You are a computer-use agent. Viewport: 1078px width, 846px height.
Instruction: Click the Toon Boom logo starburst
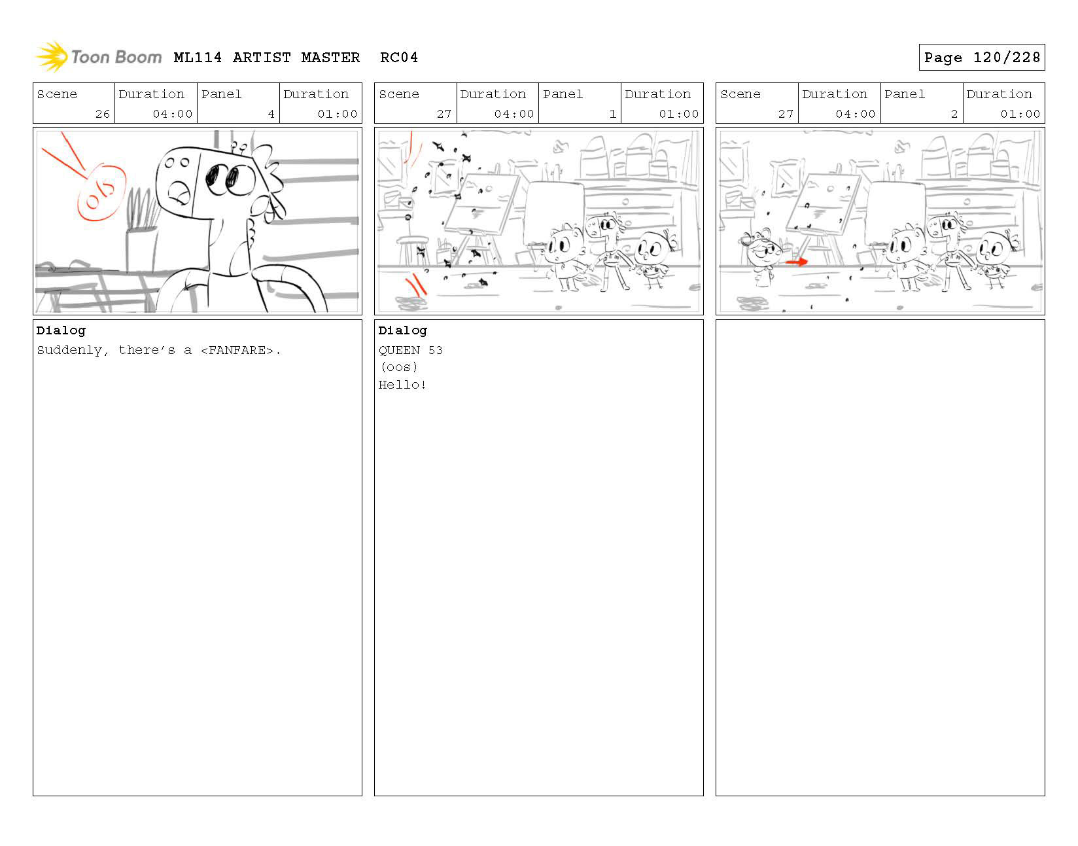click(52, 56)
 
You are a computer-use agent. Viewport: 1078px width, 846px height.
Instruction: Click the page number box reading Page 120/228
click(981, 58)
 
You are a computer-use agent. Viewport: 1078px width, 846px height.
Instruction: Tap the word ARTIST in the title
click(262, 58)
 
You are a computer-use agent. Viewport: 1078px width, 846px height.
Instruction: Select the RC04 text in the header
click(398, 58)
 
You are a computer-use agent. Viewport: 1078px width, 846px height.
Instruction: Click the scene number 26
click(103, 114)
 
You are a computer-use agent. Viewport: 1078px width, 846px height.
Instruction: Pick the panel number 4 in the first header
click(271, 114)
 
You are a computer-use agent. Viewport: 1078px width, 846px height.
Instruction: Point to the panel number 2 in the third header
click(954, 114)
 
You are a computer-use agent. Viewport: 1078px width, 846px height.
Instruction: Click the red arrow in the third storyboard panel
click(797, 262)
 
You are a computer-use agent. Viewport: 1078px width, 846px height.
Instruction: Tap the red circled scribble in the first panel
click(101, 192)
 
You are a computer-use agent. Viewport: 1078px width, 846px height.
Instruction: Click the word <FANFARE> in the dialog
click(237, 350)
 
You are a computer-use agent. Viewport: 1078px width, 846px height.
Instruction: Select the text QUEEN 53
click(410, 350)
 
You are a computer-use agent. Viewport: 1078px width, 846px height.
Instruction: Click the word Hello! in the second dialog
click(402, 385)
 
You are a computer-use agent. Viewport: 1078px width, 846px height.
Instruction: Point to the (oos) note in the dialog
click(399, 367)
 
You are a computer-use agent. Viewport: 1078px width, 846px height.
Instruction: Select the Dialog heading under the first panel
click(61, 330)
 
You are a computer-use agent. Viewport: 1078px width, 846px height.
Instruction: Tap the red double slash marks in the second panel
click(417, 285)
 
